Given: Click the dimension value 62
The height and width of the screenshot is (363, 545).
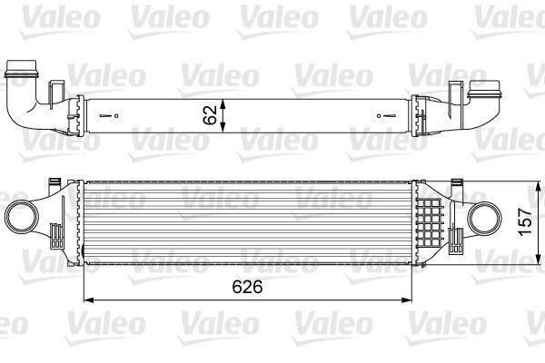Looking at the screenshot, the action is pos(210,115).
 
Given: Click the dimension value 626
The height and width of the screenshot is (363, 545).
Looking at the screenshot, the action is pos(247,288).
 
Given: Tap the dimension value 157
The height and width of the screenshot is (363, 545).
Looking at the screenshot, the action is pos(526,222).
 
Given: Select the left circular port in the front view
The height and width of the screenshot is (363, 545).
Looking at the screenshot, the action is pos(21,219).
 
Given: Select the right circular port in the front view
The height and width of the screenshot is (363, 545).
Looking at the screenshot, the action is pos(485,219).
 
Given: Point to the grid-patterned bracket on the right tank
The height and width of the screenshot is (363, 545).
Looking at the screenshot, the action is pos(431,222).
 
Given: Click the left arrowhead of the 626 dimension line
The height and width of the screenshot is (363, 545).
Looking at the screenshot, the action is pos(89,299).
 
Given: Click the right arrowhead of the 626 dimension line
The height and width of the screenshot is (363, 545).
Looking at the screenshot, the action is pos(407,299).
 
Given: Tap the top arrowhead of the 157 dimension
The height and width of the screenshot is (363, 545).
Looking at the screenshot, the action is pos(539,187).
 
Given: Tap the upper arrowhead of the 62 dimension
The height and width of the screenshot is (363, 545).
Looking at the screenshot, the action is pos(223,104).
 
